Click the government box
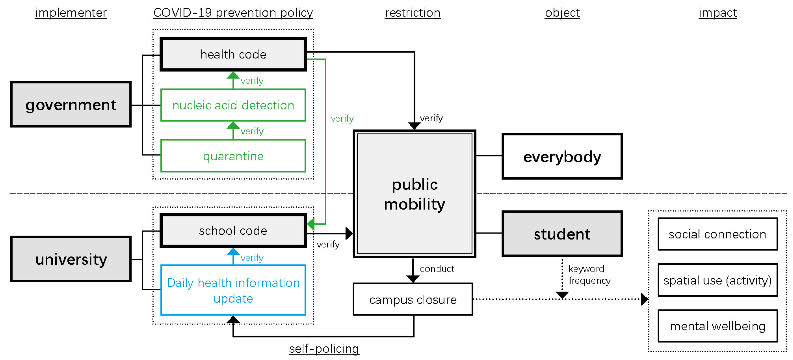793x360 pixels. point(71,105)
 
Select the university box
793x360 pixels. point(71,259)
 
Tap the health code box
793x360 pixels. point(233,54)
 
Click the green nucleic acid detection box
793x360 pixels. point(233,105)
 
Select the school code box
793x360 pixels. point(233,231)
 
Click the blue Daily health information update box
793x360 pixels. point(233,290)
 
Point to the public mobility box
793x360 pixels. point(414,194)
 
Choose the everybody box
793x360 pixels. point(562,156)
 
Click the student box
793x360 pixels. point(562,234)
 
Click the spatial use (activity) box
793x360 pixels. point(717,280)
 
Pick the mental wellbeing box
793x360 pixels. point(717,326)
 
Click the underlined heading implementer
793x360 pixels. point(71,13)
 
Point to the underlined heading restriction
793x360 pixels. point(412,13)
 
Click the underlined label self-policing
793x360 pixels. point(324,349)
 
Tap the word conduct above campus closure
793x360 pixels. point(437,269)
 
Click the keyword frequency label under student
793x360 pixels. point(589,274)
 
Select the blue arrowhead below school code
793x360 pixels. point(233,252)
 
